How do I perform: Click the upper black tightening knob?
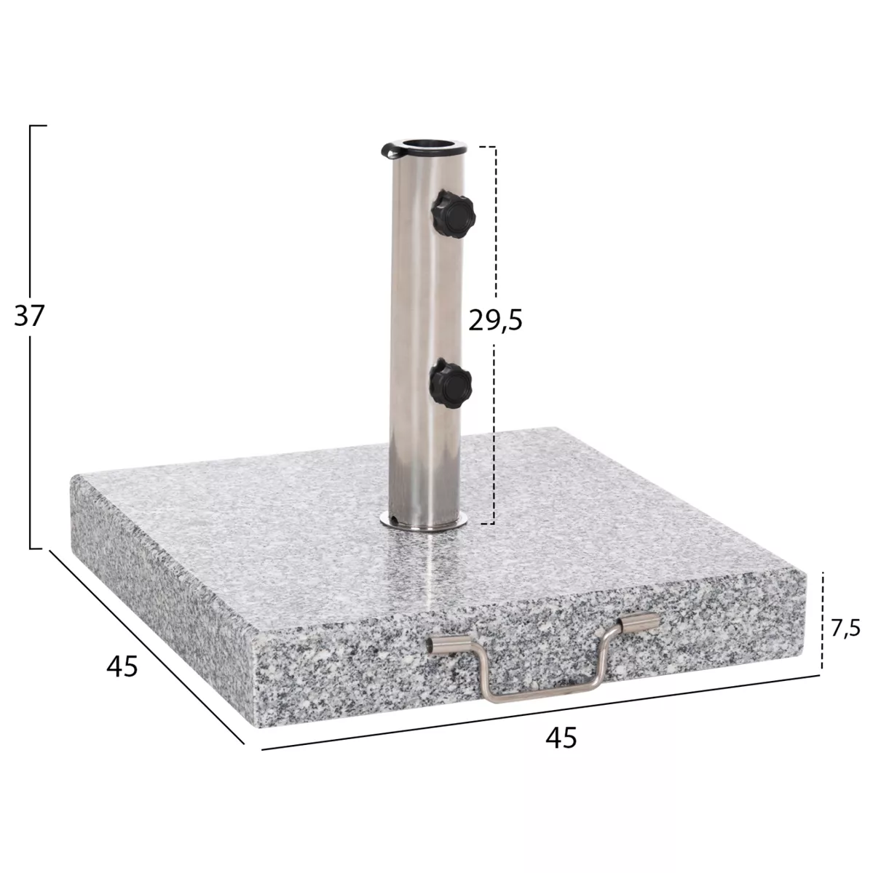(453, 214)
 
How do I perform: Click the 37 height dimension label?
(29, 316)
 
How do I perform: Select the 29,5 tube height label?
(495, 320)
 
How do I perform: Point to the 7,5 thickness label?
(845, 629)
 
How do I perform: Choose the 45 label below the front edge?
(561, 737)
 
